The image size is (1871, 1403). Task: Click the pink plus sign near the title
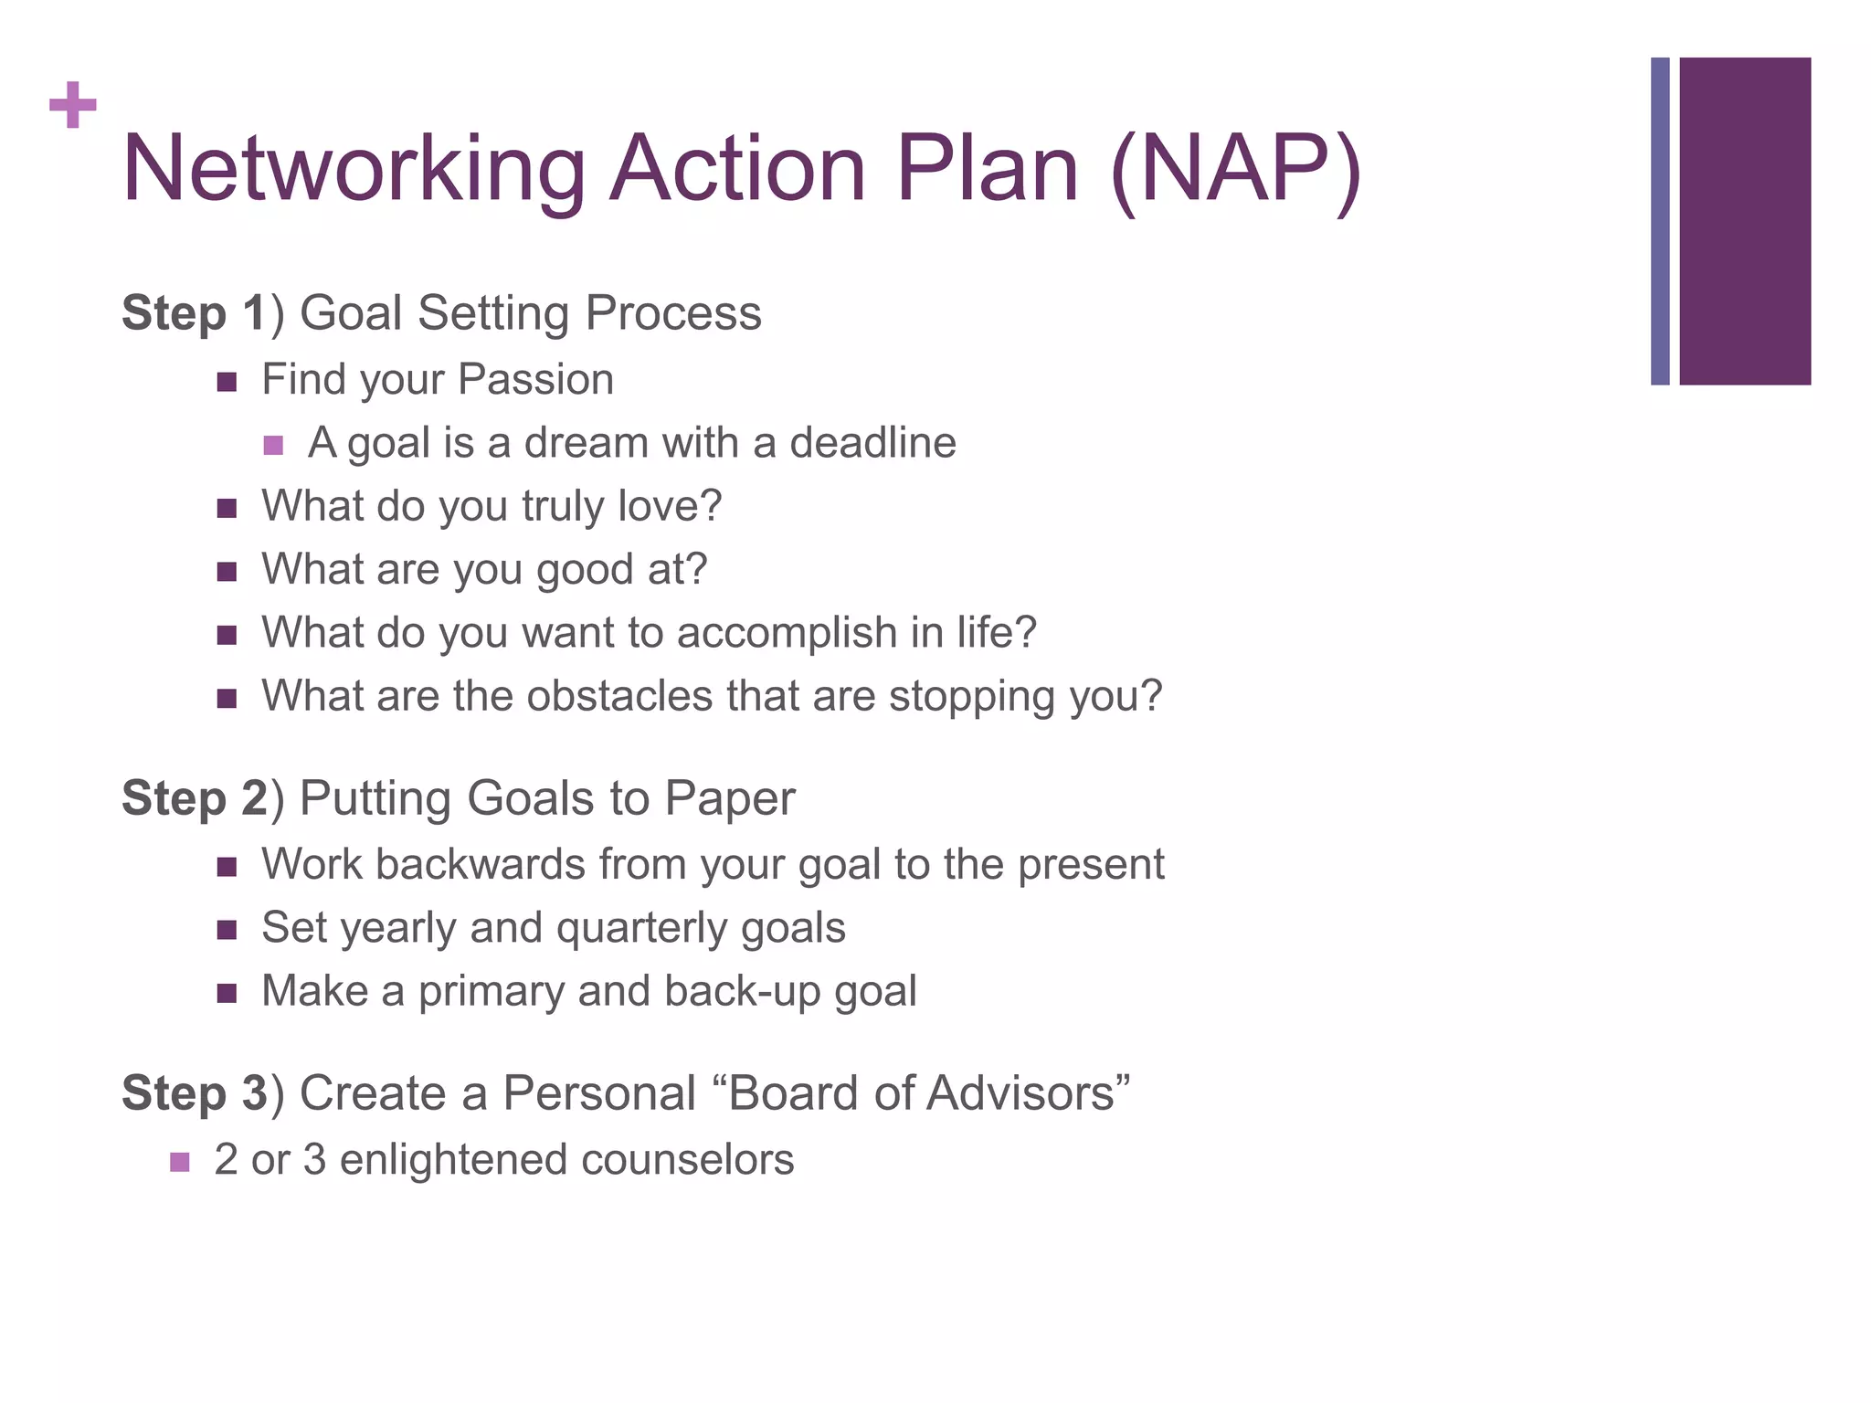coord(73,105)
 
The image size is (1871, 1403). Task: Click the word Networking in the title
coord(353,169)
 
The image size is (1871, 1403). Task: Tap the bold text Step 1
coord(193,313)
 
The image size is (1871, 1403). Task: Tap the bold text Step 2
coord(194,798)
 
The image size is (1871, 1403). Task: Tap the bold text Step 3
coord(194,1093)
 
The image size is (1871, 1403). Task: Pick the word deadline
coord(872,443)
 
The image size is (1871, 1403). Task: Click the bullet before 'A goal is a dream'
coord(273,446)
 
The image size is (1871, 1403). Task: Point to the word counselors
coord(687,1160)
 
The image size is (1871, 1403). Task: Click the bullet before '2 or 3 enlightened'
coord(180,1163)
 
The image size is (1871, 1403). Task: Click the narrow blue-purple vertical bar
coord(1660,221)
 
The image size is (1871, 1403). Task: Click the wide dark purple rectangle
coord(1745,221)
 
